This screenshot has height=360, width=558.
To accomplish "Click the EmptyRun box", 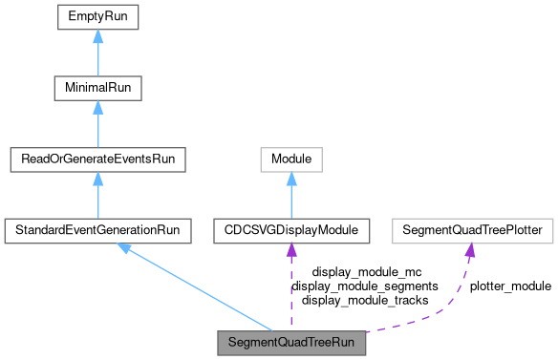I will coord(97,16).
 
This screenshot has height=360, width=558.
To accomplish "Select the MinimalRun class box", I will coord(97,88).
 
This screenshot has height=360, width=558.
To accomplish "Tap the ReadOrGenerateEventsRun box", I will coord(97,159).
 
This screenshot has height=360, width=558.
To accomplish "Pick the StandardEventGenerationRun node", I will coord(97,230).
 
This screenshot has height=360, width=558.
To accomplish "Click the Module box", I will coord(291,159).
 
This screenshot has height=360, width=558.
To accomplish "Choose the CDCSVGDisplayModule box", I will coord(291,230).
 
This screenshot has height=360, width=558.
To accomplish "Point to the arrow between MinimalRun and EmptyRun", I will coord(97,55).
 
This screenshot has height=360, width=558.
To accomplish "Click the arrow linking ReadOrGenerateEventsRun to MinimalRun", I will coord(97,126).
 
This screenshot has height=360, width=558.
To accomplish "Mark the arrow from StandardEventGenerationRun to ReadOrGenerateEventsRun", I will coord(97,198).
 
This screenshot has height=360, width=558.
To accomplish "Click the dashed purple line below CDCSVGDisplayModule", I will coord(291,291).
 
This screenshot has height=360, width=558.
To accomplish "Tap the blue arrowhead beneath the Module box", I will coord(291,179).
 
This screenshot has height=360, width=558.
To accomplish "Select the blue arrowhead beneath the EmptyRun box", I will coord(97,36).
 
